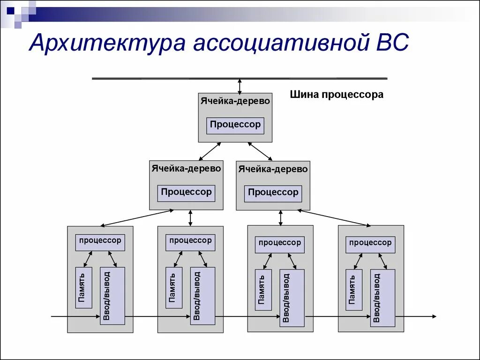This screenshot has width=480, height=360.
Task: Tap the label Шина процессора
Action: [x=336, y=95]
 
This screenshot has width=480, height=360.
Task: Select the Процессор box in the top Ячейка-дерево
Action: [x=235, y=125]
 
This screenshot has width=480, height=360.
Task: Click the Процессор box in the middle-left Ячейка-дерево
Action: [x=186, y=193]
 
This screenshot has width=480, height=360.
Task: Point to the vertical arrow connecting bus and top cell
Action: [x=240, y=86]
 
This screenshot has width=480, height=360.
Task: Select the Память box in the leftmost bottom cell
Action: [x=83, y=288]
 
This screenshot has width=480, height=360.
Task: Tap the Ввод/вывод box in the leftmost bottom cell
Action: [x=112, y=295]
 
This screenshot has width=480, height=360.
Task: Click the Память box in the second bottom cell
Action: [x=174, y=288]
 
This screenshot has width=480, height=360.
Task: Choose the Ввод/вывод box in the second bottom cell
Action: [x=202, y=295]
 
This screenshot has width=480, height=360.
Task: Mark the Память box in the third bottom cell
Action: [x=263, y=290]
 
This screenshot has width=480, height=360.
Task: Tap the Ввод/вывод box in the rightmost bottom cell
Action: [x=382, y=298]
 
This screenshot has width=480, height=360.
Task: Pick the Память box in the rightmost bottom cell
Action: [x=354, y=290]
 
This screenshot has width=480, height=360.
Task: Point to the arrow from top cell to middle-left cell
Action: [x=210, y=151]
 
